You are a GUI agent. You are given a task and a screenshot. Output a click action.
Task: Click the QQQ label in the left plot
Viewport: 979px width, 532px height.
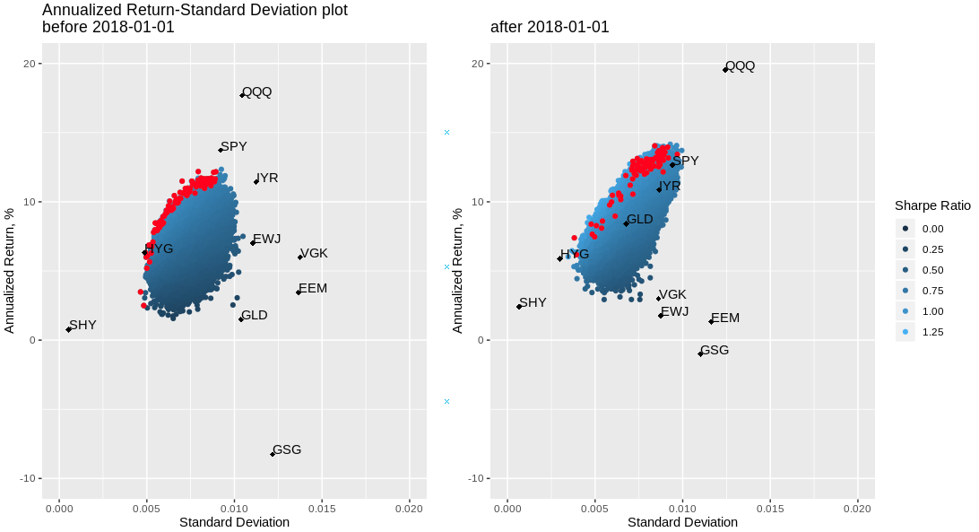[x=256, y=92]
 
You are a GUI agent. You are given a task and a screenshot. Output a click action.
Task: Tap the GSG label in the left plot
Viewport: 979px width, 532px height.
[x=287, y=449]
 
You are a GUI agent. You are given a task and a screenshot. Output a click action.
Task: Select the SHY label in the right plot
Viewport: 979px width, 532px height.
[x=533, y=302]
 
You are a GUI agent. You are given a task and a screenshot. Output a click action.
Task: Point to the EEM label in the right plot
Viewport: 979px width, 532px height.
[x=724, y=318]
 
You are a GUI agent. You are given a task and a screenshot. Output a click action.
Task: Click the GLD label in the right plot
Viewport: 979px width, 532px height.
[x=639, y=219]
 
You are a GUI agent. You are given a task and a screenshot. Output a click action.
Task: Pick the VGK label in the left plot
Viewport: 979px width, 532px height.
[x=314, y=253]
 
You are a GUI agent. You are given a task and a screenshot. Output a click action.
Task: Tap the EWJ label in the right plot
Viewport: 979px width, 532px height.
[x=674, y=311]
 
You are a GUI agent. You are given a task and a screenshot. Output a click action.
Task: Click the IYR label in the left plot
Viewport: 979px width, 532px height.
[x=266, y=178]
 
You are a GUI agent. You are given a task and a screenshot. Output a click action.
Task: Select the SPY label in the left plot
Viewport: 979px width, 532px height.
[x=234, y=146]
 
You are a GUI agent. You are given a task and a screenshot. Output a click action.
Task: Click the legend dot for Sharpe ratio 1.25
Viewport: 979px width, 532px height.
[x=905, y=332]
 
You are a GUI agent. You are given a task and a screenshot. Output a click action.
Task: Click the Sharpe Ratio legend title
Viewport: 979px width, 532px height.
[x=932, y=205]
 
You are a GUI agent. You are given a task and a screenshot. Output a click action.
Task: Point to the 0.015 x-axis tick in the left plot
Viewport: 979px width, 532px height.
[x=322, y=508]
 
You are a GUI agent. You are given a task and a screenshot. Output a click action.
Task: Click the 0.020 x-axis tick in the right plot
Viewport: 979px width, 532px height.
[x=857, y=508]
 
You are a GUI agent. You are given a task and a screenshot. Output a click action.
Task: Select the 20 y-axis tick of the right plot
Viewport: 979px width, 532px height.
[x=478, y=64]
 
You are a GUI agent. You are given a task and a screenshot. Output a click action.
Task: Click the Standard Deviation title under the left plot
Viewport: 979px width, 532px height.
[x=234, y=522]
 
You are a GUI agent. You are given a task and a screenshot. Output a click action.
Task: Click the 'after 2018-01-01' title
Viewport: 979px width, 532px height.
[x=550, y=27]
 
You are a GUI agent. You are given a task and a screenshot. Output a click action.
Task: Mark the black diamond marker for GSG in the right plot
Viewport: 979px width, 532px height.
[x=700, y=354]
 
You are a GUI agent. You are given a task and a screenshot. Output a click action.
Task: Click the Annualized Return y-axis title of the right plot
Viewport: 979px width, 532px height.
[x=457, y=270]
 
